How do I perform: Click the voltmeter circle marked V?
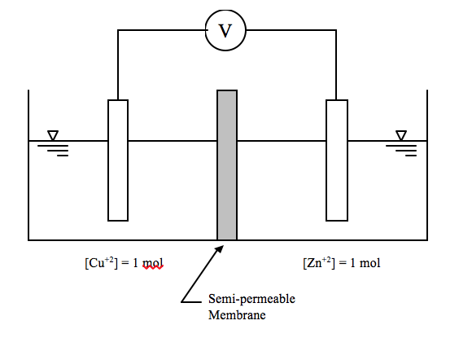226,31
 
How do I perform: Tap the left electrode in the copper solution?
118,160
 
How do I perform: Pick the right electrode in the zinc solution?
336,160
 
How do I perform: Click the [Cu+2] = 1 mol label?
123,263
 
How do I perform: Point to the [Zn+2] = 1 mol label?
341,263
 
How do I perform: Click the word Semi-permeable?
251,299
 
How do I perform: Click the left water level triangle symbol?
53,135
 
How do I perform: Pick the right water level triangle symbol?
401,135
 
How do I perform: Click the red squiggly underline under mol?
153,269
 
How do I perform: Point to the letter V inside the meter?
226,31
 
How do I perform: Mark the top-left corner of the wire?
118,31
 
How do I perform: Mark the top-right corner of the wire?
336,31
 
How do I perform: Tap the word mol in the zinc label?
369,263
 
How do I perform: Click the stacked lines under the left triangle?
54,149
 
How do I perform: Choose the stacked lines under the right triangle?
402,149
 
